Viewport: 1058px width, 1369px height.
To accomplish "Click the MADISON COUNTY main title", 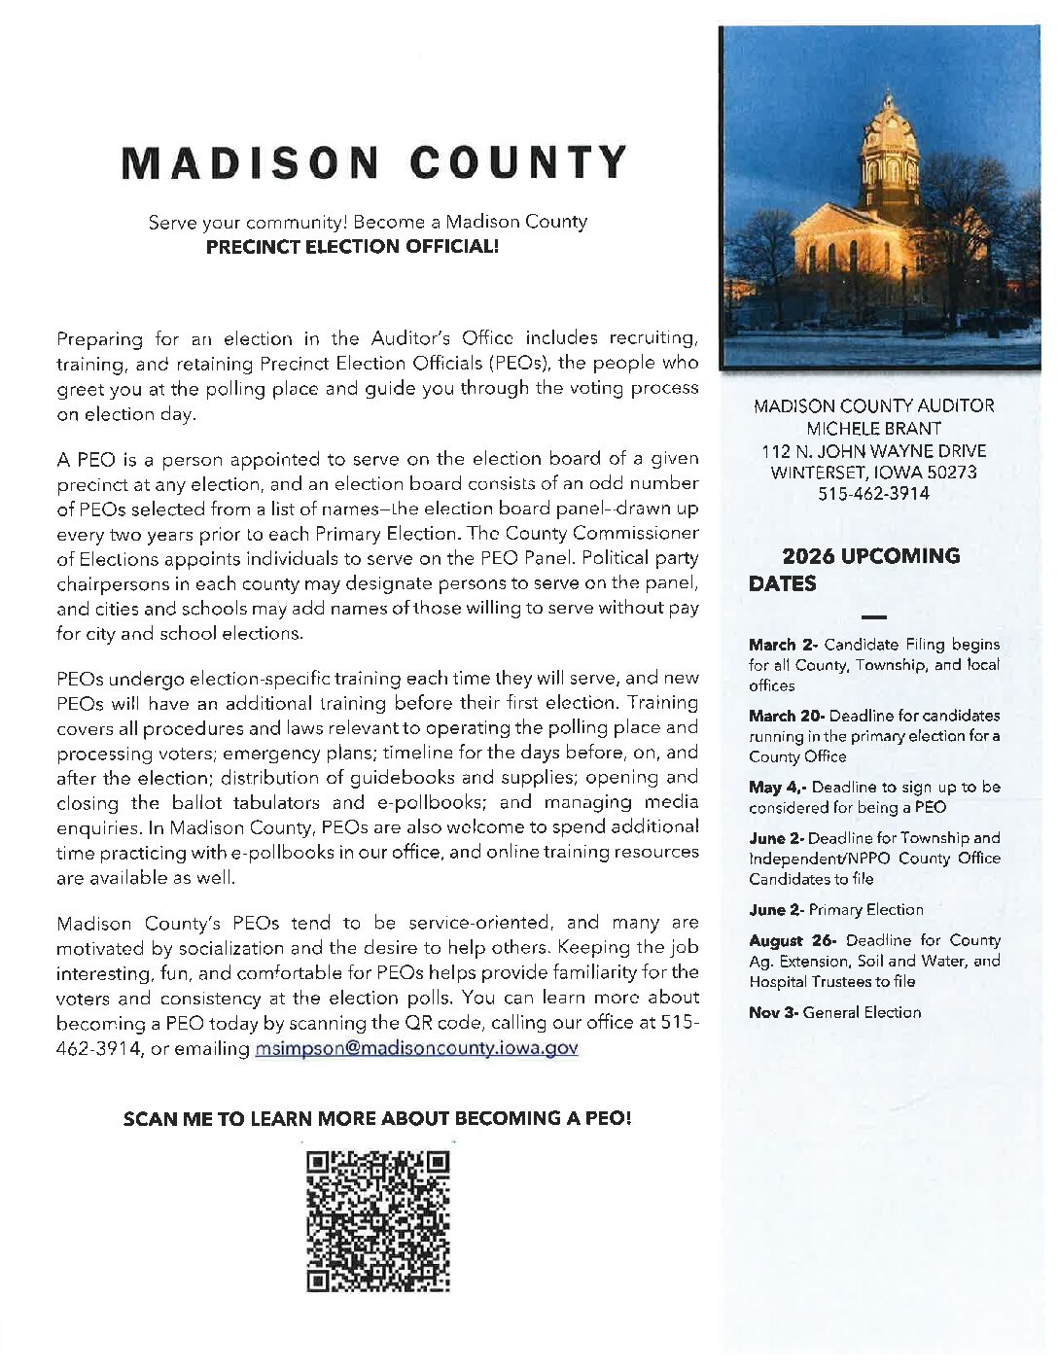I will [374, 163].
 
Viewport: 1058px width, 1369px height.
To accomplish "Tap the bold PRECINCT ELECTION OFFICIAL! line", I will [352, 247].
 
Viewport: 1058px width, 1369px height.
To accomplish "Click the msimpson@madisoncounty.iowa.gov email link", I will [416, 1048].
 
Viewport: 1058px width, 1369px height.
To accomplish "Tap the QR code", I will [378, 1221].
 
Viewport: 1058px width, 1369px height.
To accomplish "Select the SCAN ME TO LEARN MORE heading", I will [377, 1118].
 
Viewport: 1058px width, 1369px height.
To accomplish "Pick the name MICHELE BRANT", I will [873, 429].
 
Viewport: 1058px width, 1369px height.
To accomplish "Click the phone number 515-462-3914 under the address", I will [873, 494].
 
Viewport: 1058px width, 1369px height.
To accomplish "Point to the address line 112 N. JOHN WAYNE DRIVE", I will [873, 451].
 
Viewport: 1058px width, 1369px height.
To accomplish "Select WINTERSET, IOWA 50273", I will [873, 473].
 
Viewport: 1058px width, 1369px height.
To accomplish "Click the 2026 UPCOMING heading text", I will [870, 556].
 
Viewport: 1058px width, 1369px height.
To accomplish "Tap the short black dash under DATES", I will [874, 617].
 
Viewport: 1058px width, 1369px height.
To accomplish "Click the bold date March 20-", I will [786, 716].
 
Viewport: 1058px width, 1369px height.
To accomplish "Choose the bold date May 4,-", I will [777, 788].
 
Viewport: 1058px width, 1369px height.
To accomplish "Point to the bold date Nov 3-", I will [773, 1012].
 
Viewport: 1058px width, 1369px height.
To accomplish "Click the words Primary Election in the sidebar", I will [865, 910].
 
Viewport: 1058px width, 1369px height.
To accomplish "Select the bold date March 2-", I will [783, 645].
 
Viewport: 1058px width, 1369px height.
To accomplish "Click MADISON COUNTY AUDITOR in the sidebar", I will [873, 406].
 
